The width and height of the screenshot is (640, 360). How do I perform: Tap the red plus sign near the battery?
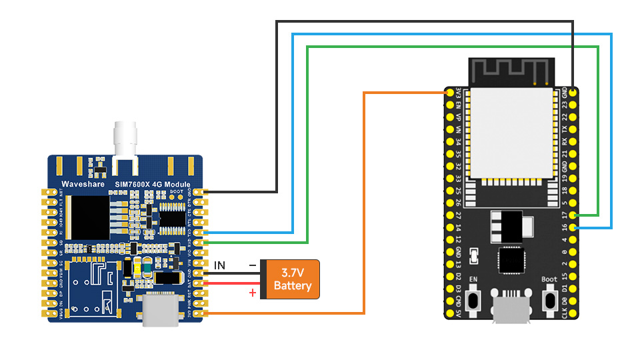coord(253,293)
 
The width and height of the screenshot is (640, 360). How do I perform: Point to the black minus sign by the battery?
coord(252,265)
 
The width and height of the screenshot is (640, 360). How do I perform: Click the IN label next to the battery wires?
coord(219,266)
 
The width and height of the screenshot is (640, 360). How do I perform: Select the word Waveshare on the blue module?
coord(79,184)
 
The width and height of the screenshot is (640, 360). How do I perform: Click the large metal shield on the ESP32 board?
coord(511,133)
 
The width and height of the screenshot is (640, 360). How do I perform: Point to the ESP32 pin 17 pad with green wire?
coord(575,215)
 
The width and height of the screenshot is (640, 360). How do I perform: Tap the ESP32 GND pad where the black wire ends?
coord(575,91)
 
